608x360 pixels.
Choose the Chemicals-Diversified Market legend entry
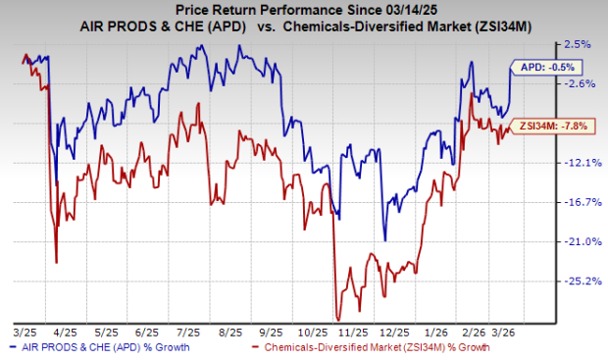(x=371, y=347)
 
